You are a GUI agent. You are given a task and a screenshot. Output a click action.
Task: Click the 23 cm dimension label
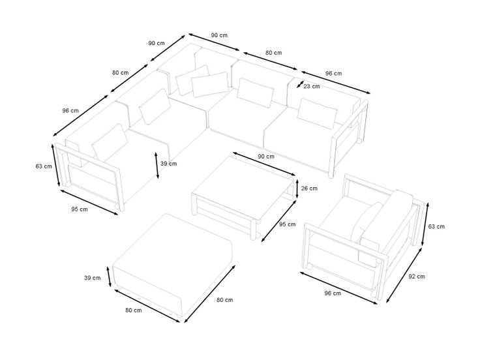312,86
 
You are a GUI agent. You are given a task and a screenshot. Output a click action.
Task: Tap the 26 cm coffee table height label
309,188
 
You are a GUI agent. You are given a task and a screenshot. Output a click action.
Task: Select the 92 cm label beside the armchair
417,277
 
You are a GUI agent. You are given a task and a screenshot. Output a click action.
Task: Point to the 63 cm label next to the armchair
436,226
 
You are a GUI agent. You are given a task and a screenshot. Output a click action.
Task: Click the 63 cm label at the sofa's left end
44,166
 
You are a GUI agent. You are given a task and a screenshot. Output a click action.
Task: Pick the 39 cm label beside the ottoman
93,278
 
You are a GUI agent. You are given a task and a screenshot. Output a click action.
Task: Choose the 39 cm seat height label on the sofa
169,164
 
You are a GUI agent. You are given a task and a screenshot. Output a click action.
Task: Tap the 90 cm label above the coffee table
266,157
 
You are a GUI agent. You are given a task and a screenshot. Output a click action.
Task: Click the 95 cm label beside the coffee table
288,224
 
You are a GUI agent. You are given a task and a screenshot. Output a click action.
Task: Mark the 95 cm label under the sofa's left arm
80,209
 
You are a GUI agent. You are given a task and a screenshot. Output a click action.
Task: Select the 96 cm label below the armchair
333,293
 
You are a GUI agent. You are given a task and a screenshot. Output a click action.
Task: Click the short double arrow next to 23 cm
300,84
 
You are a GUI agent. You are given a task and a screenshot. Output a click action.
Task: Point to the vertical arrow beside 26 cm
297,188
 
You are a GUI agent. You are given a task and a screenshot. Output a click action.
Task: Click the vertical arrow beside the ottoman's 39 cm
109,277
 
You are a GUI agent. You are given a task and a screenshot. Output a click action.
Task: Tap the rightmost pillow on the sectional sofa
317,113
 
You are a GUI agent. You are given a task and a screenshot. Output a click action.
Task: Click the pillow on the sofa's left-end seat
110,142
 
